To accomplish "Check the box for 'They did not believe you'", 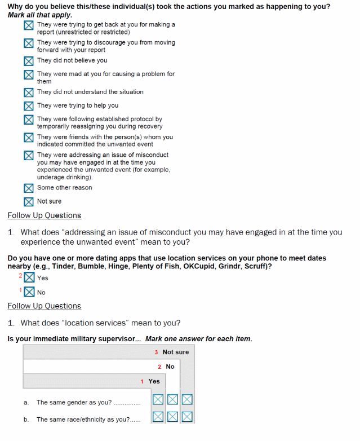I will click(x=29, y=61).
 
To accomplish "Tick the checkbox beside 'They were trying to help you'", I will click(x=29, y=106).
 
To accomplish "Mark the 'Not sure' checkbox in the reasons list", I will click(x=29, y=202).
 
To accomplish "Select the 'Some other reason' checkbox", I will click(x=29, y=188).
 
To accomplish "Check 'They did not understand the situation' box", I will click(x=29, y=92).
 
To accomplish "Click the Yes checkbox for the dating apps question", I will click(x=29, y=277).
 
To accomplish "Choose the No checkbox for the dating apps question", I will click(x=29, y=292).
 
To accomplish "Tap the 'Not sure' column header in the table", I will click(x=175, y=352).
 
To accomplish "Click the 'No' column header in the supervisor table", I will click(x=170, y=367).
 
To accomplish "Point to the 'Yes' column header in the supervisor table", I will click(x=154, y=381).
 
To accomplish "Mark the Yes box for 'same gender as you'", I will click(x=158, y=400).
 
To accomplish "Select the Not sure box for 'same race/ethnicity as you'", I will click(x=187, y=417).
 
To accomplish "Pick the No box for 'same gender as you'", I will click(x=173, y=400).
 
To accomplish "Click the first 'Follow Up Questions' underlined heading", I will click(x=45, y=215).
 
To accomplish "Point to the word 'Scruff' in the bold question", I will click(x=256, y=266).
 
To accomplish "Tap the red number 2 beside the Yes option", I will click(x=20, y=276).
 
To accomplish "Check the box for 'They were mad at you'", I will click(x=29, y=75).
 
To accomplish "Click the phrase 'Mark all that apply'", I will click(x=40, y=15).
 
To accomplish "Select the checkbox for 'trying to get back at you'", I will click(x=29, y=26).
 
